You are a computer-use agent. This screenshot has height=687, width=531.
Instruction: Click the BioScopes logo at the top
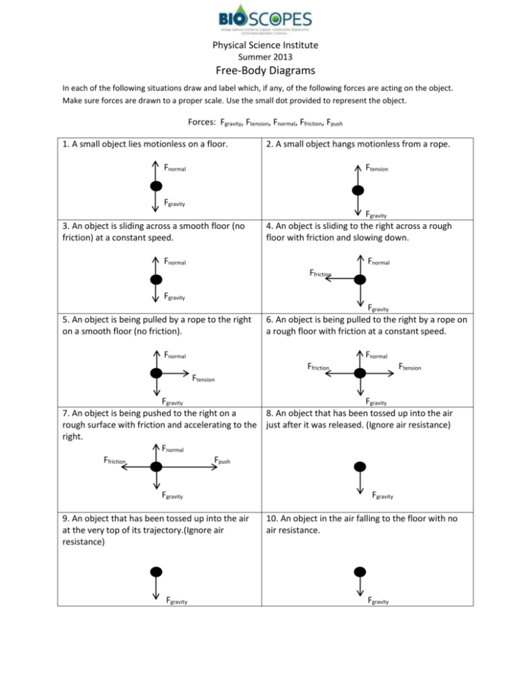click(x=265, y=21)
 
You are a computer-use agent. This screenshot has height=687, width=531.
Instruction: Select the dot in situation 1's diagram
click(x=157, y=186)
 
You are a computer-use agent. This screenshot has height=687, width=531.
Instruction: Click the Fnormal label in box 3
click(x=176, y=262)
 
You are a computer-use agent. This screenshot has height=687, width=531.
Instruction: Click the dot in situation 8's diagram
click(x=360, y=465)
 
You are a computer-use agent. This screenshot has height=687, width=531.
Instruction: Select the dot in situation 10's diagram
click(x=360, y=571)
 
